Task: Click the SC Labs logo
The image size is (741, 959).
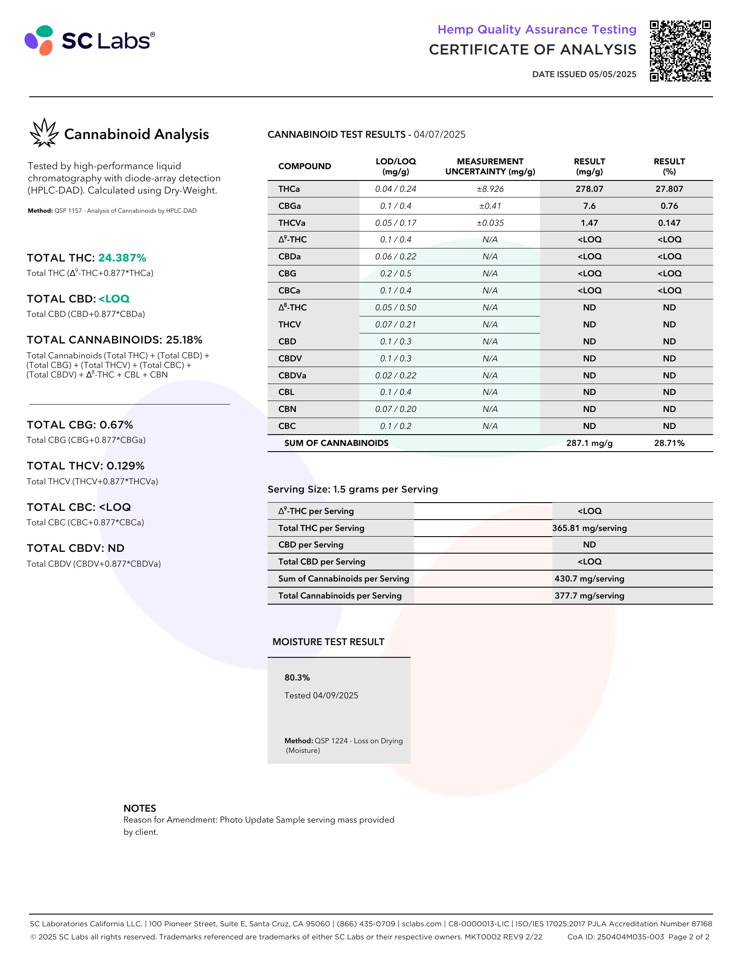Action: point(89,41)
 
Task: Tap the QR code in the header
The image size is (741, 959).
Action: point(680,51)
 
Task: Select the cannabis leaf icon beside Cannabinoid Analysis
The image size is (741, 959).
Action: point(44,133)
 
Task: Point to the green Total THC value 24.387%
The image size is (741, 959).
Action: point(122,258)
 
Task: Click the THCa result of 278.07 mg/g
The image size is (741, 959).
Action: point(589,189)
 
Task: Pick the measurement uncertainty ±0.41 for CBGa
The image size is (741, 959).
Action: point(490,206)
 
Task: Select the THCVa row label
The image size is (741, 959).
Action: point(292,223)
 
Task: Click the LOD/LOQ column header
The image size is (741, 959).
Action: point(395,167)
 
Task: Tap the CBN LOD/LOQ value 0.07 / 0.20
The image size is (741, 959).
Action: point(395,409)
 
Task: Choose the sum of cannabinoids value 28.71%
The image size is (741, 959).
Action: point(669,443)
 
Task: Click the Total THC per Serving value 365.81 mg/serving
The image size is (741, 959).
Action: point(589,528)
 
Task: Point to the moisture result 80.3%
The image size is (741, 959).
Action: point(297,677)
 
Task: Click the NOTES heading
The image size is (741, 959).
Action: point(139,808)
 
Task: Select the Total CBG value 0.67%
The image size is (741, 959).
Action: point(116,425)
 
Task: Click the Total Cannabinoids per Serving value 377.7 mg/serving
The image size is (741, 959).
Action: point(589,596)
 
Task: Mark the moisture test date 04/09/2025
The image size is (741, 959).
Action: point(335,696)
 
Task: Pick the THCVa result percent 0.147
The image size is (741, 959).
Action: point(669,223)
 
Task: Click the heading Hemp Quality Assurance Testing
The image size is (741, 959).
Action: point(537,29)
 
